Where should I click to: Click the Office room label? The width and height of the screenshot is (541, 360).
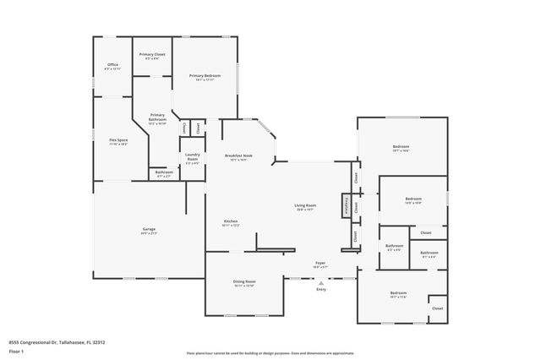(112, 64)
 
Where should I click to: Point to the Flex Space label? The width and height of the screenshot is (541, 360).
(118, 139)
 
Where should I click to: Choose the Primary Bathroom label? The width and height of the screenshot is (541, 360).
(158, 117)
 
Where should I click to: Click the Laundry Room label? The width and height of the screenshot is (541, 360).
(192, 156)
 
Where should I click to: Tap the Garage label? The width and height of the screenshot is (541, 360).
(148, 229)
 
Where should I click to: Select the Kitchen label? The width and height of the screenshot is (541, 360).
(230, 221)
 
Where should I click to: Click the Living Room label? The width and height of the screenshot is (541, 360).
(305, 205)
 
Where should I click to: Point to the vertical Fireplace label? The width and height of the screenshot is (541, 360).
(345, 205)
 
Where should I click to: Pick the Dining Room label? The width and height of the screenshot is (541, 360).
(244, 281)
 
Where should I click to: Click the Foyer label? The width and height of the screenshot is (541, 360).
(320, 263)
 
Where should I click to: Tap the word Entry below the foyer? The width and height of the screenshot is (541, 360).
(320, 290)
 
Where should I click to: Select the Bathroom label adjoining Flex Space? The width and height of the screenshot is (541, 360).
(163, 172)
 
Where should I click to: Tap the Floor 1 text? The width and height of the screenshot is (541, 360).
(16, 351)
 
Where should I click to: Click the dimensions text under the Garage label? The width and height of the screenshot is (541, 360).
(148, 233)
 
